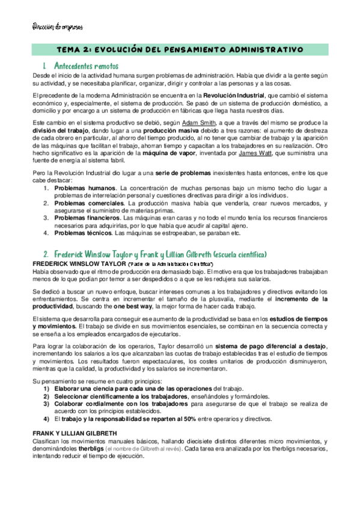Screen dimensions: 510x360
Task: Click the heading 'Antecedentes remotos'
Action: coord(87,64)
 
